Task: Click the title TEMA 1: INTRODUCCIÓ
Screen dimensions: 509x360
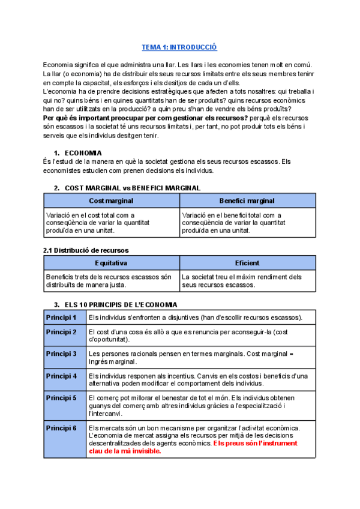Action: pyautogui.click(x=179, y=47)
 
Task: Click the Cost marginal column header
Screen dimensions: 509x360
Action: pyautogui.click(x=111, y=200)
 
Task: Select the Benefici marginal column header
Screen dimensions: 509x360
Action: pyautogui.click(x=247, y=200)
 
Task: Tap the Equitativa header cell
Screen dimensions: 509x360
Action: pyautogui.click(x=111, y=263)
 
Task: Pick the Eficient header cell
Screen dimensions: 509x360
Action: pyautogui.click(x=247, y=263)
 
